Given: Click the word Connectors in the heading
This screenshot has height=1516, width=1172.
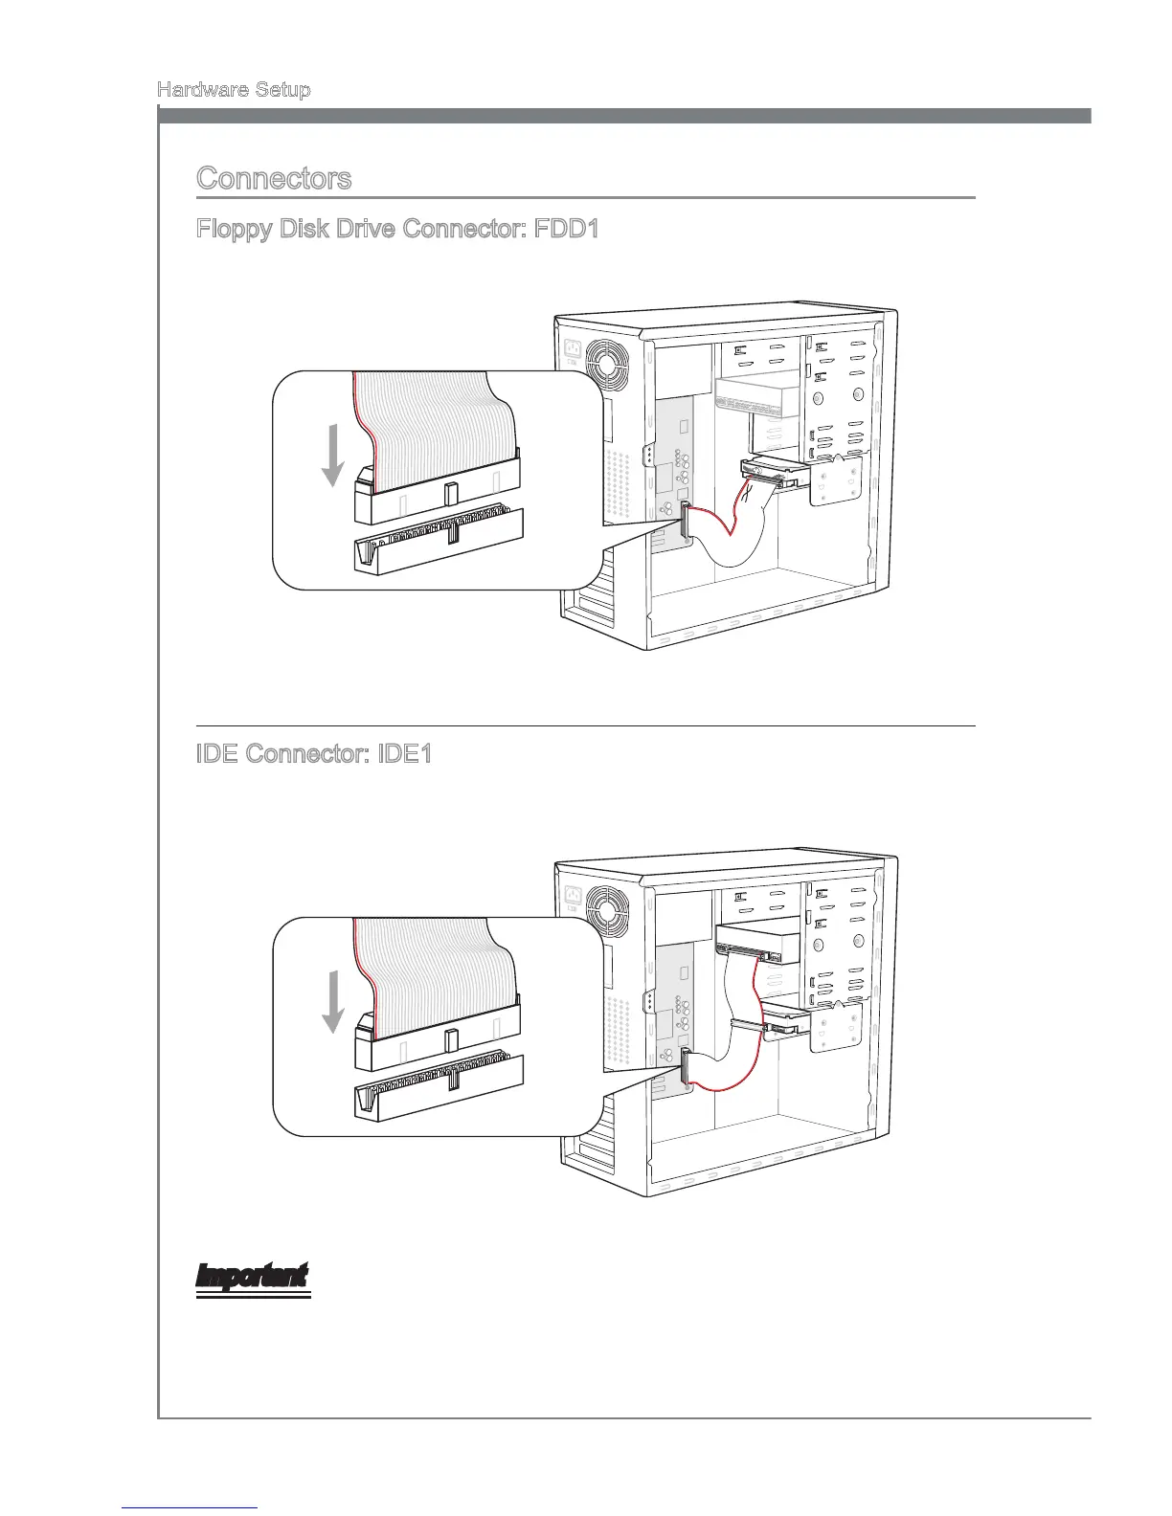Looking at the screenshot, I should click(x=274, y=178).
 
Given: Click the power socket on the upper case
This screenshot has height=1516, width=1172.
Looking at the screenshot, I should click(x=572, y=352).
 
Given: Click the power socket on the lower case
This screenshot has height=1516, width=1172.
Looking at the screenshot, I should click(x=572, y=898).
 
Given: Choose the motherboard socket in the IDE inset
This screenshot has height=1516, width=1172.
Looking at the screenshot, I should click(x=439, y=1086).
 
